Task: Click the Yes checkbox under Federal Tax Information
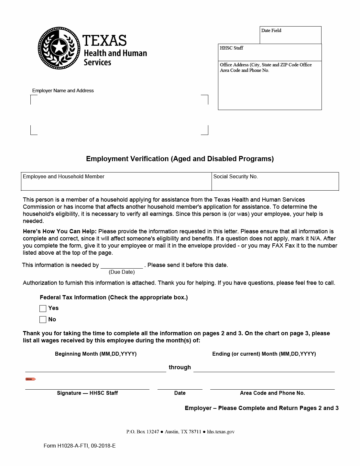pyautogui.click(x=43, y=308)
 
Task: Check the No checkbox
pyautogui.click(x=43, y=320)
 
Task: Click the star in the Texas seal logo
pyautogui.click(x=59, y=47)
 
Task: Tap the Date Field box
pyautogui.click(x=290, y=35)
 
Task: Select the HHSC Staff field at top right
pyautogui.click(x=270, y=52)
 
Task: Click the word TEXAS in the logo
pyautogui.click(x=104, y=40)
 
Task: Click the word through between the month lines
pyautogui.click(x=180, y=367)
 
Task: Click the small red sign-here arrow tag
pyautogui.click(x=30, y=379)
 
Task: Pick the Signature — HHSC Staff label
pyautogui.click(x=87, y=393)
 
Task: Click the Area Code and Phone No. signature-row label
pyautogui.click(x=272, y=393)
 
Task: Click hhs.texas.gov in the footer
pyautogui.click(x=221, y=432)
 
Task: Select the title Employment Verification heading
pyautogui.click(x=180, y=159)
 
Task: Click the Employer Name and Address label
pyautogui.click(x=63, y=91)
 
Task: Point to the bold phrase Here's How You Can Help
pyautogui.click(x=60, y=231)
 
